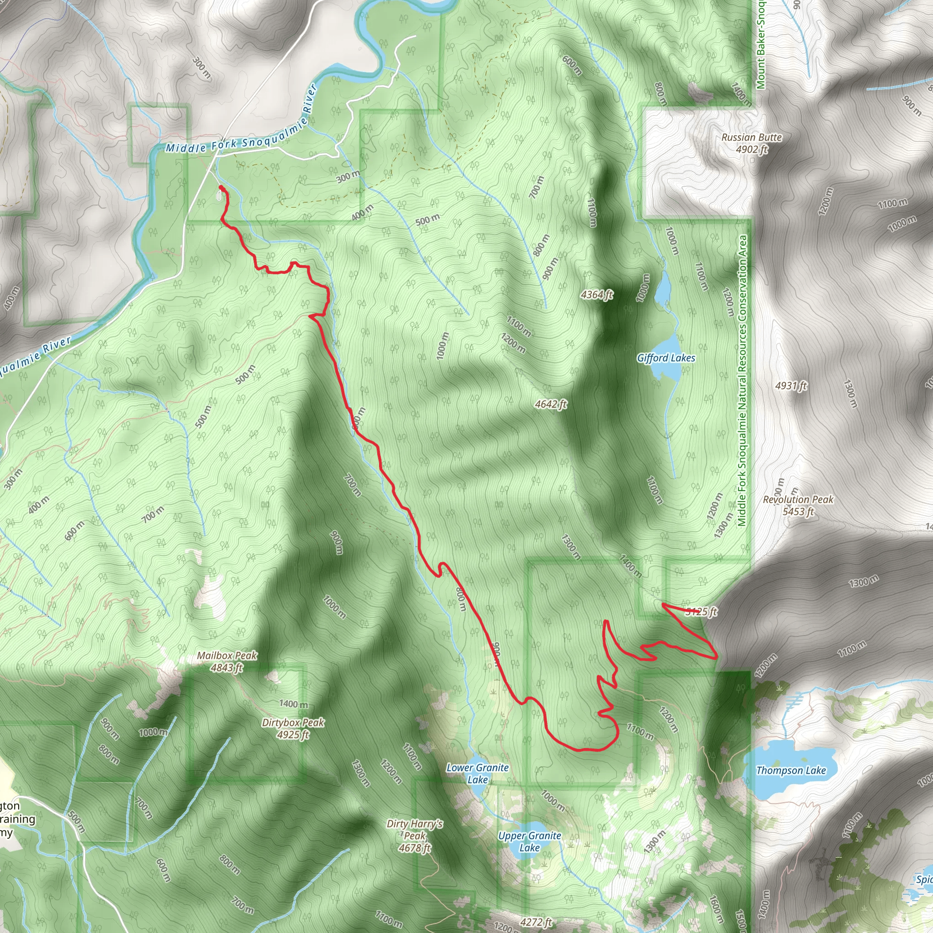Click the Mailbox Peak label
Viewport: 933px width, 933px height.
[226, 655]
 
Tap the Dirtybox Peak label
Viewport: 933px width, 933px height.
[292, 723]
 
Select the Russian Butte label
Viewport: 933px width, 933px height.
[751, 137]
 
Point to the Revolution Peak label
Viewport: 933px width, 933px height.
[798, 499]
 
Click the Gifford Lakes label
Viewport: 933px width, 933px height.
[666, 358]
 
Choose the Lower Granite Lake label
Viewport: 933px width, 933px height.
[477, 773]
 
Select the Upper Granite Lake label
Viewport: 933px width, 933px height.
[529, 841]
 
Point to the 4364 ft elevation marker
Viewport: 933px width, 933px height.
[597, 295]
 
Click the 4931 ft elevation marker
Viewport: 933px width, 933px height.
[791, 385]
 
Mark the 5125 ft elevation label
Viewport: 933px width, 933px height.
[701, 612]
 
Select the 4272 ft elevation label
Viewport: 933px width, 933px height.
[536, 923]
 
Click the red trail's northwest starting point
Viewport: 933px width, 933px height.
[220, 187]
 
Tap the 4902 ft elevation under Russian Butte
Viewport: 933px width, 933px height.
[751, 149]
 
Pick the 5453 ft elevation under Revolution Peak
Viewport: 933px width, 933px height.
[798, 512]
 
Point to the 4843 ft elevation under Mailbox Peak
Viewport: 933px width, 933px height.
[226, 667]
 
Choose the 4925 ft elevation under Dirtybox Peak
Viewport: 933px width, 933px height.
[292, 734]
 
